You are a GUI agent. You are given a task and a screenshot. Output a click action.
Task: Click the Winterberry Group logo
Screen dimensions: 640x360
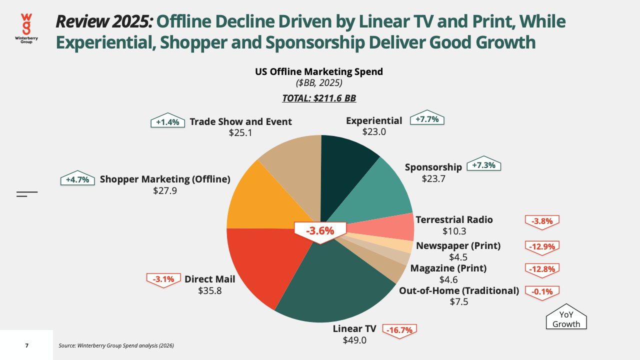click(26, 28)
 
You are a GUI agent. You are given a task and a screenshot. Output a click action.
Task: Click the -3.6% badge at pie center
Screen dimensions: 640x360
click(320, 231)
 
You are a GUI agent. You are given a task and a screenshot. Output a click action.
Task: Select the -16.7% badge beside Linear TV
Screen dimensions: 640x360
click(399, 331)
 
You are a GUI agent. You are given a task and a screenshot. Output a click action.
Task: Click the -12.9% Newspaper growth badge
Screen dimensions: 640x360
click(542, 247)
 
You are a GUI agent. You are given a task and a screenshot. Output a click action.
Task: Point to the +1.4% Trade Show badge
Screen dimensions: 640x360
click(167, 121)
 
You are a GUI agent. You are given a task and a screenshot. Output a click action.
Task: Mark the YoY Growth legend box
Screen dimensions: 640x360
click(566, 317)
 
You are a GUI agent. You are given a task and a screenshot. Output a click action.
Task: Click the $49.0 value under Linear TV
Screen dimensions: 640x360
click(354, 340)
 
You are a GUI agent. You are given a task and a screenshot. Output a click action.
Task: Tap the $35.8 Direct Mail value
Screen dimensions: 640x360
click(209, 291)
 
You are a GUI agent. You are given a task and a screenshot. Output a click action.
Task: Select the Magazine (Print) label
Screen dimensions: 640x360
click(448, 268)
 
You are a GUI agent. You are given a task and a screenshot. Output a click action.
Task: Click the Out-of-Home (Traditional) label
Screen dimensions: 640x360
click(459, 291)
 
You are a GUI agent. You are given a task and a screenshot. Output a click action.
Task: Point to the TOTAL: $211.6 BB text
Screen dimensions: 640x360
click(319, 98)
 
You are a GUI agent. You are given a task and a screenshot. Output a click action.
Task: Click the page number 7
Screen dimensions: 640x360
click(27, 345)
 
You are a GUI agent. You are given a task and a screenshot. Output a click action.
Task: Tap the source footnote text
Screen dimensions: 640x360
click(116, 345)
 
